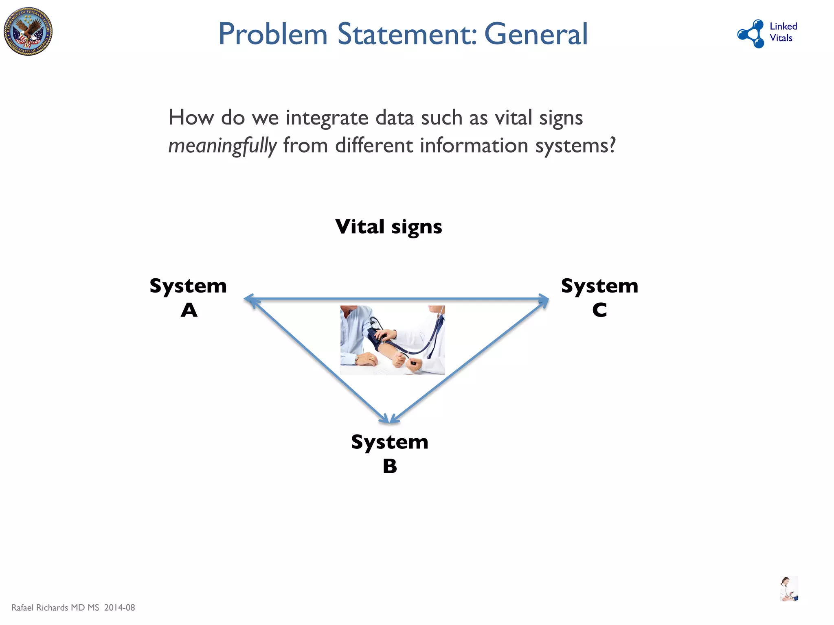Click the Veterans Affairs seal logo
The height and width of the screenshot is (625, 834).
point(28,31)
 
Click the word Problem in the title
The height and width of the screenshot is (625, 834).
point(273,34)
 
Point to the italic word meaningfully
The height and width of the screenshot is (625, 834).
point(222,146)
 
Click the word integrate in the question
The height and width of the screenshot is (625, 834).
point(327,118)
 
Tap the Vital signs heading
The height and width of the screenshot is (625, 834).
point(388,227)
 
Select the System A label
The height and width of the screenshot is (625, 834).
point(188,297)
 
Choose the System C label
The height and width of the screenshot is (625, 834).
point(599,297)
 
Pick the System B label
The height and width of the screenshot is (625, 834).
point(390,453)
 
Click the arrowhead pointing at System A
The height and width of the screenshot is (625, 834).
point(249,300)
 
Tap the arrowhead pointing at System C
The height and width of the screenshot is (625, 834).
point(544,300)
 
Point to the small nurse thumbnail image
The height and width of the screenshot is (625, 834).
point(789,588)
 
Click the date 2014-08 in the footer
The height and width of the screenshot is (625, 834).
point(119,608)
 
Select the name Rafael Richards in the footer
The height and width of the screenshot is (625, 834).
point(40,608)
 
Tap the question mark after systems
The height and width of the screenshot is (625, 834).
point(611,146)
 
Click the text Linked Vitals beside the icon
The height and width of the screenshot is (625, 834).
point(783,32)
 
